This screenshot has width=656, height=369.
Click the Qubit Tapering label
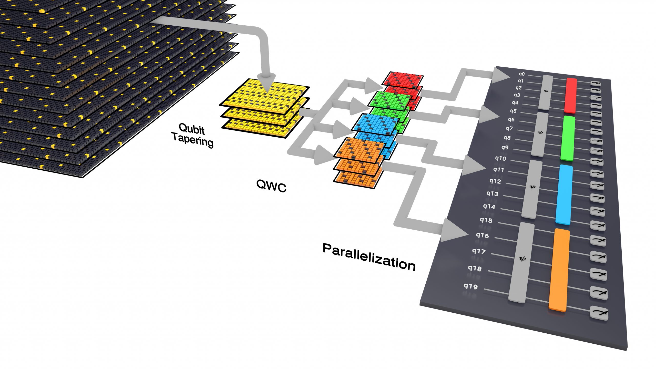[192, 135]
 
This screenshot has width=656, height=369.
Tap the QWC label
[271, 186]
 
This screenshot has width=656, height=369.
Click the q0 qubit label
[522, 74]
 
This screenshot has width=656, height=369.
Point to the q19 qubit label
[470, 286]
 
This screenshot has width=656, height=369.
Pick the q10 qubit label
[500, 158]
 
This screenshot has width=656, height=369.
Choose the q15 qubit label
[486, 220]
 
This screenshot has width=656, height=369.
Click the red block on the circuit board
[571, 95]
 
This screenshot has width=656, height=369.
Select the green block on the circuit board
[567, 138]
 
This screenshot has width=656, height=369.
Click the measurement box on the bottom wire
[599, 313]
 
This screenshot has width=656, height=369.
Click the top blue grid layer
[375, 124]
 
